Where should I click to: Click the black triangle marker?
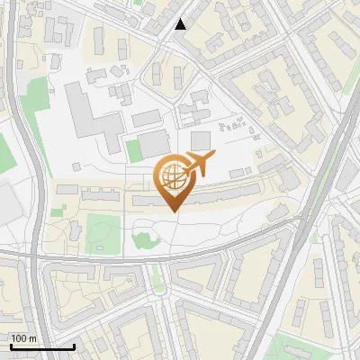181,24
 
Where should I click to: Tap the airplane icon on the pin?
200,164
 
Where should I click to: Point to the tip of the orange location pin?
173,211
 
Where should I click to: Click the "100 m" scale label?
23,338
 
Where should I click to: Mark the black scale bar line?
42,346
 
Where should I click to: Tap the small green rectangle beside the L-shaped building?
133,150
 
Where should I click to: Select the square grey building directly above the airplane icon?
200,140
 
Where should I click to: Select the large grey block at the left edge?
7,202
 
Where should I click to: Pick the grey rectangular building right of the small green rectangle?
154,142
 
